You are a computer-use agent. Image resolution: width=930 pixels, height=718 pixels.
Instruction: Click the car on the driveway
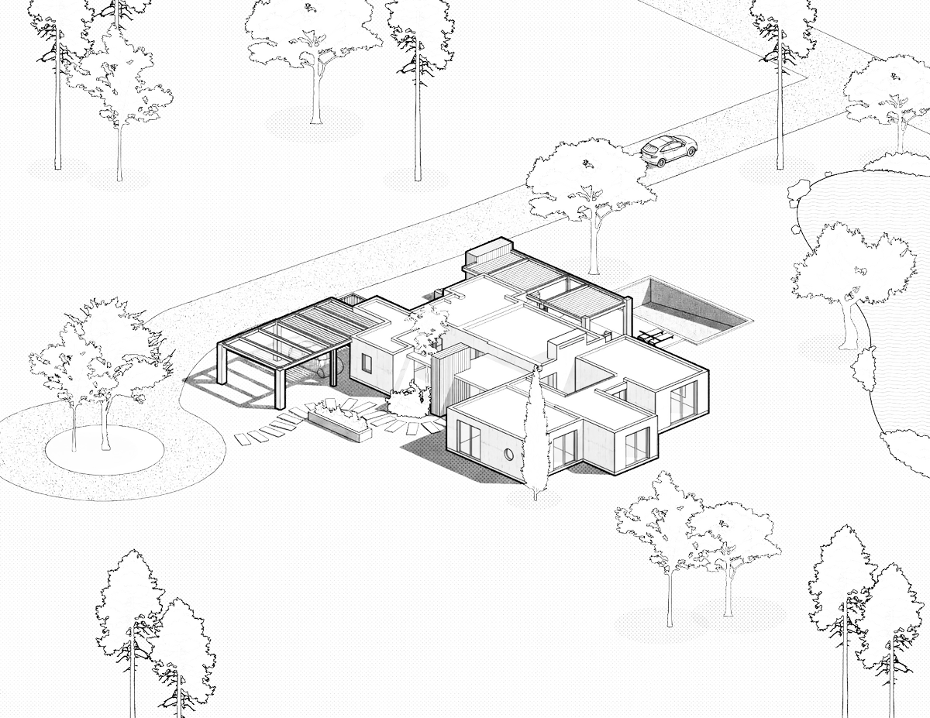667,148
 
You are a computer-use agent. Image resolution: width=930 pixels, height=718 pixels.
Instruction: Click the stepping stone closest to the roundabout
243,439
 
